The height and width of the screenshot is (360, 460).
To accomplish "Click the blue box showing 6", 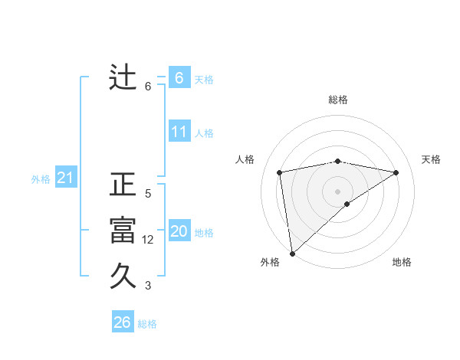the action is click(x=179, y=78).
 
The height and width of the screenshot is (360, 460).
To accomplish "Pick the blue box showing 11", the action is click(x=179, y=132).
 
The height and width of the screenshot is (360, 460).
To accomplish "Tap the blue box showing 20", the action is click(x=179, y=231).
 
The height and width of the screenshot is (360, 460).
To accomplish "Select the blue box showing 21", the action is click(x=65, y=178).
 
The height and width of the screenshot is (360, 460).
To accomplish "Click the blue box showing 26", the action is click(x=122, y=322).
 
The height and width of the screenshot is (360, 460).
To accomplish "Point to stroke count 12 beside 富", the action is click(x=148, y=240).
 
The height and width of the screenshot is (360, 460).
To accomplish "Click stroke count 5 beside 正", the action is click(x=148, y=194).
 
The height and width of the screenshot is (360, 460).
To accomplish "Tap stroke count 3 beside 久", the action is click(x=148, y=286).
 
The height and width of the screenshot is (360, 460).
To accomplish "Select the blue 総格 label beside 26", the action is click(x=147, y=324).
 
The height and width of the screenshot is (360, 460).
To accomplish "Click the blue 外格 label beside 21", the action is click(x=41, y=179).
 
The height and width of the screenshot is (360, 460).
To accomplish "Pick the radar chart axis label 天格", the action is click(x=431, y=159).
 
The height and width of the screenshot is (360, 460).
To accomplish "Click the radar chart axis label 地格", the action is click(x=402, y=262).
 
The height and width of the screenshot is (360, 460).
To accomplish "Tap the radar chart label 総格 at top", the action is click(x=338, y=100).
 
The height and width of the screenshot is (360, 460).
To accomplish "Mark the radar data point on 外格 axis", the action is click(x=292, y=253).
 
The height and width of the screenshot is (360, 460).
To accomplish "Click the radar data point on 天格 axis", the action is click(x=396, y=172).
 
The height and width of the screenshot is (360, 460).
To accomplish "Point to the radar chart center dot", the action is click(x=338, y=191).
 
